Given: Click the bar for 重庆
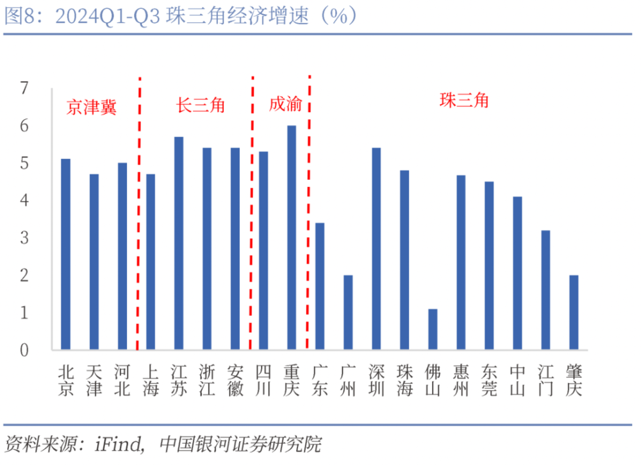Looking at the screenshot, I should click(x=292, y=237).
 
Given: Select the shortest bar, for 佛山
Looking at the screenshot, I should click(x=433, y=329).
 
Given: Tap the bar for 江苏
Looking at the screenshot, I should click(x=179, y=243).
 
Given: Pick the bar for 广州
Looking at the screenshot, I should click(x=348, y=313).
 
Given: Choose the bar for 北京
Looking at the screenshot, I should click(x=65, y=254).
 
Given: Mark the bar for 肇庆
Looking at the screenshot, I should click(x=574, y=313).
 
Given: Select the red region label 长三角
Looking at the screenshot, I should click(x=201, y=104).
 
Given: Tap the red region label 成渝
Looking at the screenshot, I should click(x=283, y=104).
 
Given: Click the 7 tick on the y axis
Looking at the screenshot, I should click(x=25, y=88).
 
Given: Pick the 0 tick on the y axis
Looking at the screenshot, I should click(x=25, y=350).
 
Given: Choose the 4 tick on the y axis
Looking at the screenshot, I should click(x=25, y=200).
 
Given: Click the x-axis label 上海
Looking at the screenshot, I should click(x=150, y=380).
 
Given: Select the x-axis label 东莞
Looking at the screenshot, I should click(x=489, y=380).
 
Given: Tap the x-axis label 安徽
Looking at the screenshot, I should click(x=235, y=380).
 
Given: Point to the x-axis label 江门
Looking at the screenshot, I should click(x=545, y=380).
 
